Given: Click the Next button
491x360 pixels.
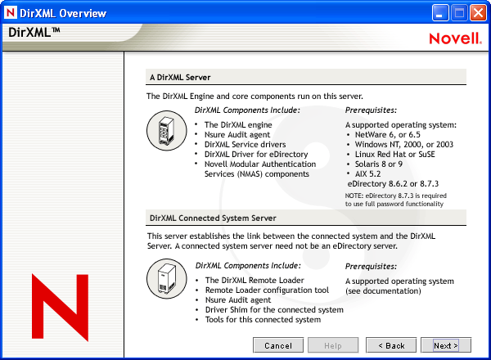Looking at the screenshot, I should [446, 345].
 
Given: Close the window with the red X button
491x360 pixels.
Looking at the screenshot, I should [478, 12].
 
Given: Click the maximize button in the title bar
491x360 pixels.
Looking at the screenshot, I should [459, 12].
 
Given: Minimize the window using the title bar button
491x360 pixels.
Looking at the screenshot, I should [440, 12].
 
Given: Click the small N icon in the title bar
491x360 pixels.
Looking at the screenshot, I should [11, 12].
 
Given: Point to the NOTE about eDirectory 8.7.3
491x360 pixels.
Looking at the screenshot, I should [395, 200].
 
